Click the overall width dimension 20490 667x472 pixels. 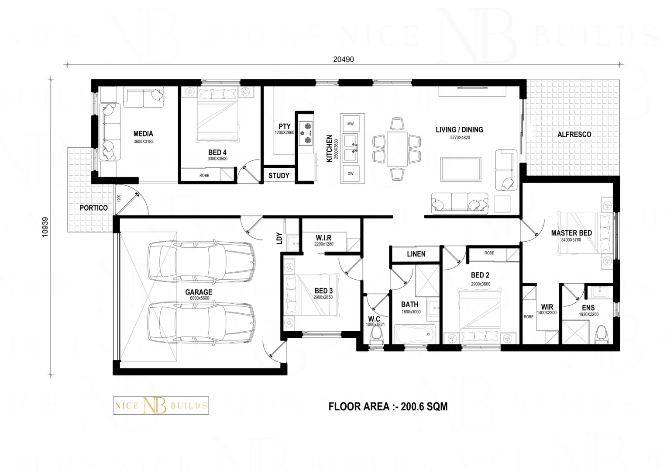tap(343, 59)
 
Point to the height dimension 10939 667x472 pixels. tap(45, 227)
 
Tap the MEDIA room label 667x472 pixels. tap(143, 134)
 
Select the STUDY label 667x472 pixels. tap(278, 176)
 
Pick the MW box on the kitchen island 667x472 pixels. tap(351, 124)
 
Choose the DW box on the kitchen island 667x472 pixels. tap(351, 174)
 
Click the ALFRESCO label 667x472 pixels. tap(574, 135)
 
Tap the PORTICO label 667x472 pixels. tap(93, 208)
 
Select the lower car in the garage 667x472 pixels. tap(202, 323)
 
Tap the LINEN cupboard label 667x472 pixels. tap(416, 254)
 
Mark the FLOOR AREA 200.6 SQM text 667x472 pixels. tap(388, 407)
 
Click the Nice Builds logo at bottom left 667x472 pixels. tap(161, 406)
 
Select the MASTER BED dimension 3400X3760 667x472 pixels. tap(571, 240)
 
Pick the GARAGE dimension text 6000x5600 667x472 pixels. tap(199, 298)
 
